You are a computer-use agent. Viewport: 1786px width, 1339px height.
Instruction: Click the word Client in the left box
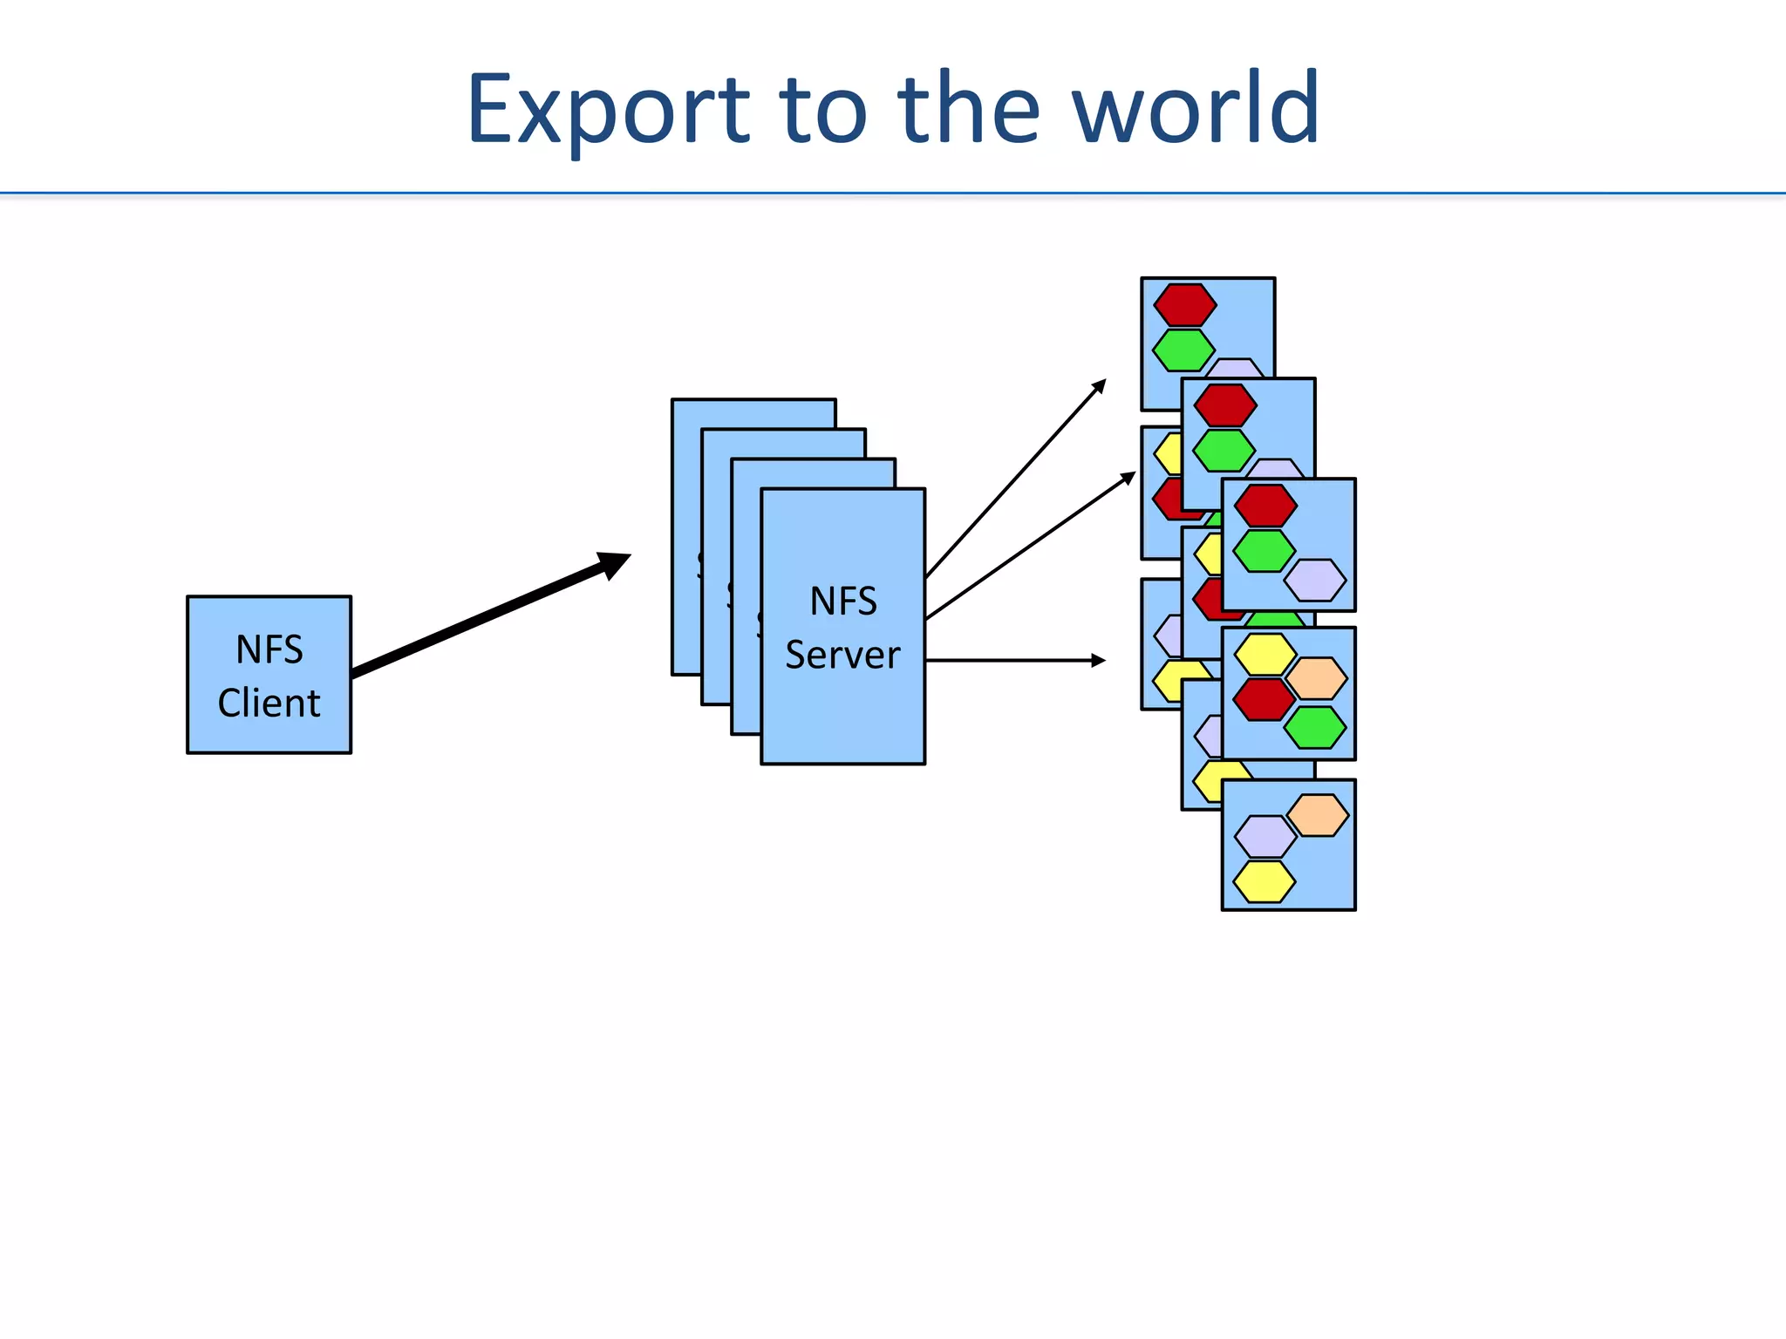tap(269, 703)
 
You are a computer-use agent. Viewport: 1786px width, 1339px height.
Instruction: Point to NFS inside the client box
tap(269, 649)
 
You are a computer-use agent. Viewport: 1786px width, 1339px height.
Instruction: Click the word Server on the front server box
tap(842, 655)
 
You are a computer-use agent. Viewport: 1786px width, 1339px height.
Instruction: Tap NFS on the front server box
tap(842, 602)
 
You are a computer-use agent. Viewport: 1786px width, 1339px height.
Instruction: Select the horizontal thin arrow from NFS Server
tap(1012, 661)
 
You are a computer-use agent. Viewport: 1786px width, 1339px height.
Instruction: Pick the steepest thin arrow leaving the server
tap(1016, 479)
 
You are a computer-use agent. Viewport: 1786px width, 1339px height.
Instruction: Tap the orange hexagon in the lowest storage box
tap(1318, 815)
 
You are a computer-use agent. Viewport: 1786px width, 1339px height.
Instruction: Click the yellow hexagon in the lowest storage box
tap(1264, 881)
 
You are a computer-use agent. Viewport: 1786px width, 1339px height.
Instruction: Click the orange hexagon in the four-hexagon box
tap(1317, 678)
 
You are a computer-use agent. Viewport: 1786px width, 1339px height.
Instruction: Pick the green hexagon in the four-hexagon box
tap(1315, 728)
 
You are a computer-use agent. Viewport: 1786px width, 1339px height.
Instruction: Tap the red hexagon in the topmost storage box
tap(1184, 305)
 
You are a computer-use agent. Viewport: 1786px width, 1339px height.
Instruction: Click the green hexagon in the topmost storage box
tap(1183, 350)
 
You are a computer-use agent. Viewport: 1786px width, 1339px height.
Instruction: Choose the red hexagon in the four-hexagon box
tap(1264, 700)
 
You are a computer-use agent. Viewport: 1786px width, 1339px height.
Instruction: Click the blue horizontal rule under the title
tap(893, 193)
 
